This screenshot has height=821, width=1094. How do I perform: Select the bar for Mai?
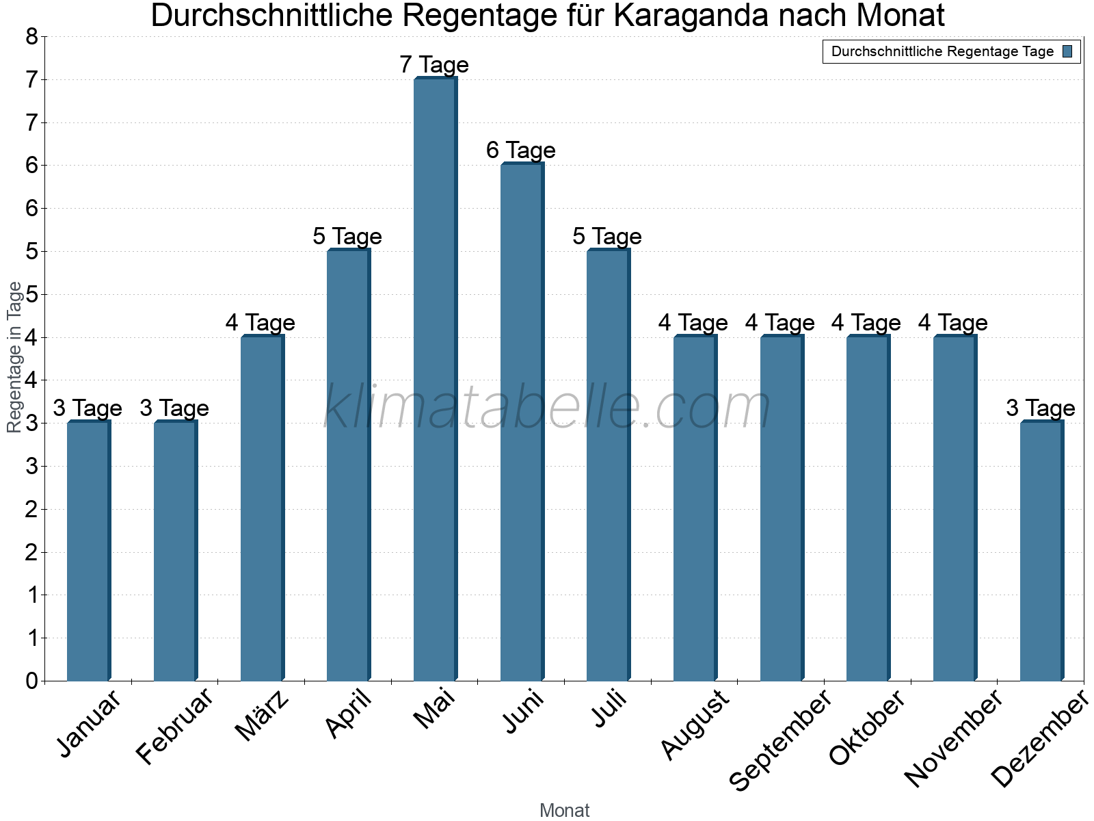[435, 380]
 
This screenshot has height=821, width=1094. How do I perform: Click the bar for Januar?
[88, 551]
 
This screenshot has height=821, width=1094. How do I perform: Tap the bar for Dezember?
[1041, 551]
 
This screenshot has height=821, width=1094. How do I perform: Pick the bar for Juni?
[522, 422]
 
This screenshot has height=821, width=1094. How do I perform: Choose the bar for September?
[782, 508]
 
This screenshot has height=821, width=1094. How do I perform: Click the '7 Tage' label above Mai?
[434, 65]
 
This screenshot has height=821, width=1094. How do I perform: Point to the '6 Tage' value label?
[521, 151]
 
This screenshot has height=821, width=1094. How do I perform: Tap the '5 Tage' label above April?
[347, 237]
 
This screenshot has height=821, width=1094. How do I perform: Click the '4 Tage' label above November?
[953, 322]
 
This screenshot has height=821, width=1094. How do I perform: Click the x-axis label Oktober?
[867, 728]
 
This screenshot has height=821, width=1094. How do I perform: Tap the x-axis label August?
[695, 725]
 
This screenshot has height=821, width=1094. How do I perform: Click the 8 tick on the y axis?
[31, 37]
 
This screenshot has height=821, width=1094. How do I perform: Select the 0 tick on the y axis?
[31, 681]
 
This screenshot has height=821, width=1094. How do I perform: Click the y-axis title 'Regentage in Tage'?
[14, 357]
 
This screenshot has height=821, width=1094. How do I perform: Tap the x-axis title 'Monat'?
[564, 810]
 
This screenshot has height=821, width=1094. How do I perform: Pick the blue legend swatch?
[1067, 51]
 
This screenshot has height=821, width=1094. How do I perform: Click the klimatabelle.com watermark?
[547, 408]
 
